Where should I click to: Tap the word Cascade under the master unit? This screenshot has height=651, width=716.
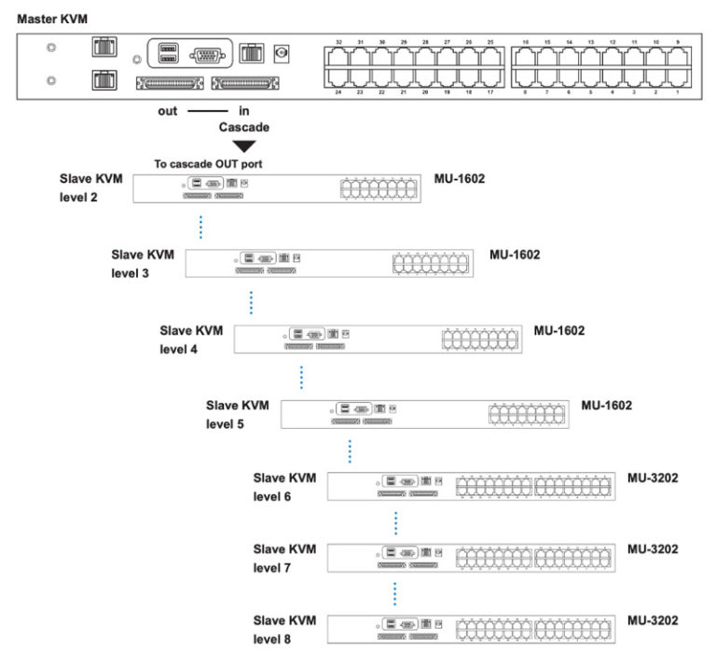click(x=243, y=127)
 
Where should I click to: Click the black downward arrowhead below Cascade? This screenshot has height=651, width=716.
click(x=243, y=145)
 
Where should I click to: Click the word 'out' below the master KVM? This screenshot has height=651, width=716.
click(x=167, y=110)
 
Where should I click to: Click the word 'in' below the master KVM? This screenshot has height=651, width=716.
click(x=245, y=110)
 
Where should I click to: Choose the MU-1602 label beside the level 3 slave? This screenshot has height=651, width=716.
click(x=515, y=254)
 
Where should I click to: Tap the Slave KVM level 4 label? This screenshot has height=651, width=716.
click(x=191, y=339)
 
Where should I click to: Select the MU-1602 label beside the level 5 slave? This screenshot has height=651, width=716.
click(x=607, y=406)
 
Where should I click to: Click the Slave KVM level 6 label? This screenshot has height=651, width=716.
click(x=284, y=487)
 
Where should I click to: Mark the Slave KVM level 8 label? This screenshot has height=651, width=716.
click(x=284, y=629)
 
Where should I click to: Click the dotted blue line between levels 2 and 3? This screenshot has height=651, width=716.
click(x=201, y=228)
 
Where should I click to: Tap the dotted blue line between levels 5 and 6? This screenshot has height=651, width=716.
click(x=350, y=450)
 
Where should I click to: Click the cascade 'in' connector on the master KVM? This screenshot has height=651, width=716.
click(x=246, y=85)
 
